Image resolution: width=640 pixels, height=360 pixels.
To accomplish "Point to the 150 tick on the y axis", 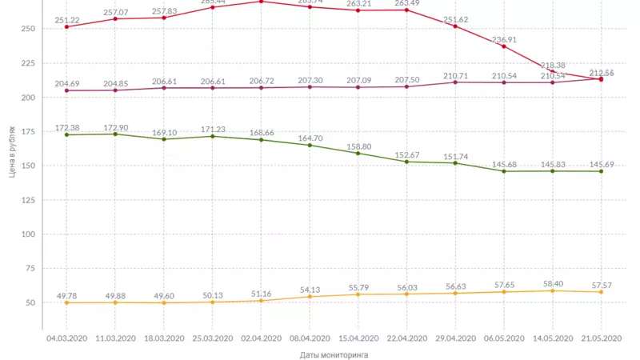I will point(29,166).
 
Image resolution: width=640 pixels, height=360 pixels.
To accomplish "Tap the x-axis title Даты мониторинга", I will point(334,354).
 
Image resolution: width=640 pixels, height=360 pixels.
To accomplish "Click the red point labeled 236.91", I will point(504,46).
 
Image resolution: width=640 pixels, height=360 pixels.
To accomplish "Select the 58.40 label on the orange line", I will point(553,284).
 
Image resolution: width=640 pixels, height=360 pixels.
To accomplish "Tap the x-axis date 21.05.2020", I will point(602,338).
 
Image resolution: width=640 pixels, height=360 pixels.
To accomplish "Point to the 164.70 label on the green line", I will point(310,138).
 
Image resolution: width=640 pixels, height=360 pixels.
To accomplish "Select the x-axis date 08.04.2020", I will point(310,338).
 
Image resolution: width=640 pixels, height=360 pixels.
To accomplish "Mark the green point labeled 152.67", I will point(406,162).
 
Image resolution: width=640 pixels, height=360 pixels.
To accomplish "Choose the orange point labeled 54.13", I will point(310,297).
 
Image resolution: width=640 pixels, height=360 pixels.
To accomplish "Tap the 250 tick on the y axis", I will point(29,29).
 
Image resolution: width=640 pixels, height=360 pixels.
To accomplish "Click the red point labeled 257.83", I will point(163,18).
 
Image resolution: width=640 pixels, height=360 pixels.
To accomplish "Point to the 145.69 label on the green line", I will point(602,164).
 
